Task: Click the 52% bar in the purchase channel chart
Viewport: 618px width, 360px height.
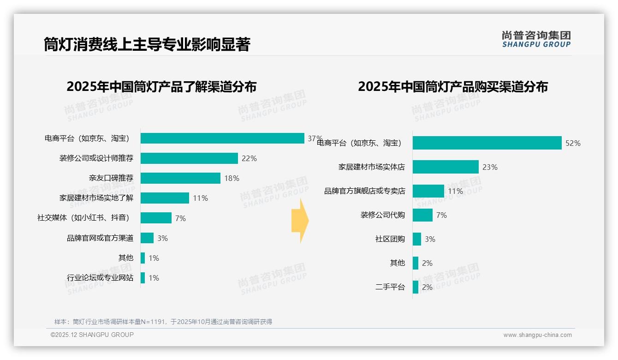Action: [487, 143]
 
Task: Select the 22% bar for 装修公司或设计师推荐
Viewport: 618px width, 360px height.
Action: [189, 158]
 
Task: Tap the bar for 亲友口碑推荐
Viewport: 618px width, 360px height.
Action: [180, 178]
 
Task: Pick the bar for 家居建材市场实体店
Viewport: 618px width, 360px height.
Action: [446, 167]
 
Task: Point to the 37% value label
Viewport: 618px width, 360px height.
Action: [315, 138]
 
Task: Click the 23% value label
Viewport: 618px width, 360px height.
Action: [490, 167]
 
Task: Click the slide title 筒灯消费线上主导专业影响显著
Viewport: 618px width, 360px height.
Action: [147, 44]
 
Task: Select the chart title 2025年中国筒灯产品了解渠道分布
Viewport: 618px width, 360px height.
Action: [161, 87]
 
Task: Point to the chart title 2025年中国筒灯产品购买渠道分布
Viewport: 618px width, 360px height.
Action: [452, 87]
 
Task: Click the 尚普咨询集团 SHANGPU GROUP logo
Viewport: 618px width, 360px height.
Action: [536, 39]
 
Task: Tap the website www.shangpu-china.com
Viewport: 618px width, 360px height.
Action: [537, 335]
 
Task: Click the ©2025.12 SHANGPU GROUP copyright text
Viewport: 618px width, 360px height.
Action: [92, 335]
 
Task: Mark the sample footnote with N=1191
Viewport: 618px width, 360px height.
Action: [163, 322]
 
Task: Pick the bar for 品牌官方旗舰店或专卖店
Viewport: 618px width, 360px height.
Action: [428, 191]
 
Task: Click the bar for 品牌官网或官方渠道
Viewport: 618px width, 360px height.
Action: [147, 238]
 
